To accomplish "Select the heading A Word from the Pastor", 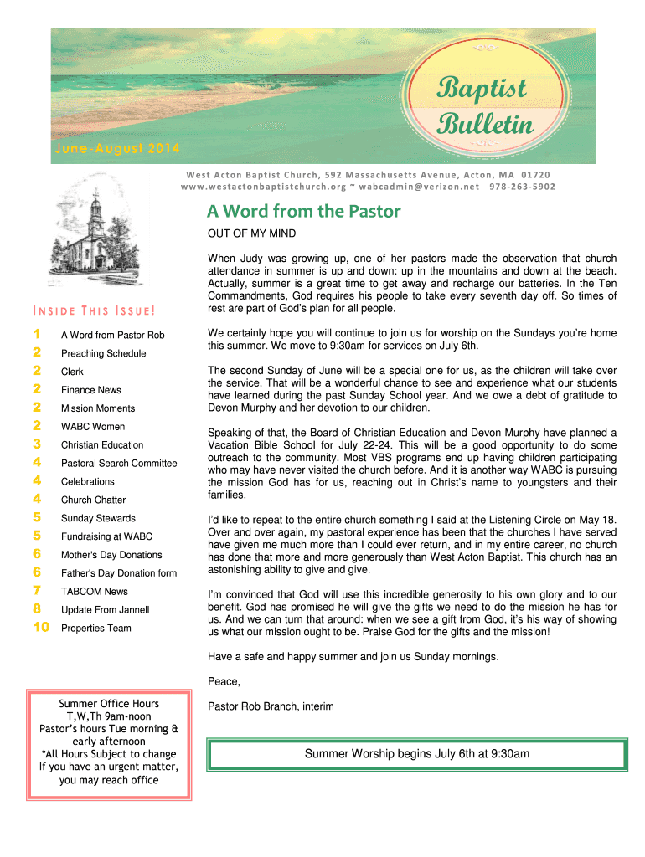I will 304,212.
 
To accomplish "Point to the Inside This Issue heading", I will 94,312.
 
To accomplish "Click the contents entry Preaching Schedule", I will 103,353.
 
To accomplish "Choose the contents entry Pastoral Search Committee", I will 119,463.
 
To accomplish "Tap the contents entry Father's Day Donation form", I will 119,573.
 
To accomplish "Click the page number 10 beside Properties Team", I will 40,628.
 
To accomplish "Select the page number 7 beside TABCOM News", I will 37,591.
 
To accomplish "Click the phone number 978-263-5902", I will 521,187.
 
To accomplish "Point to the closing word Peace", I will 224,681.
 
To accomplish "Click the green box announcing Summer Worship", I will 417,754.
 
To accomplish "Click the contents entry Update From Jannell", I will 105,609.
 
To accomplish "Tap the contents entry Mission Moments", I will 97,408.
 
